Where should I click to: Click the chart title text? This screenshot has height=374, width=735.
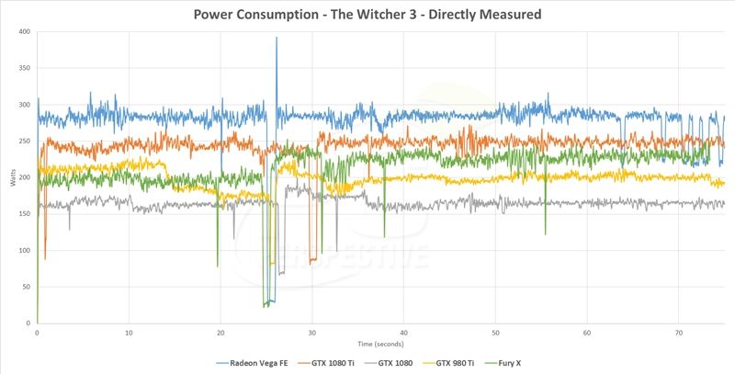[x=367, y=15]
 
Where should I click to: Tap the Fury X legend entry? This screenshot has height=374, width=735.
[x=514, y=363]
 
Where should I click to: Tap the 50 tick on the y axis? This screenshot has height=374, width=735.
[x=26, y=286]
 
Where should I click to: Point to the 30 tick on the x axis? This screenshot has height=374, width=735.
[x=312, y=333]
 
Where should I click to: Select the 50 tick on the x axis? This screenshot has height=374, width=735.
[x=496, y=333]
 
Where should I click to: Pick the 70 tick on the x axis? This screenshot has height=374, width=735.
[x=679, y=333]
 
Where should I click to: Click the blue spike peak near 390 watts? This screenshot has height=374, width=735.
[x=277, y=39]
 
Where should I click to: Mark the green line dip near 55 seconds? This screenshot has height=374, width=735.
[x=546, y=233]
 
